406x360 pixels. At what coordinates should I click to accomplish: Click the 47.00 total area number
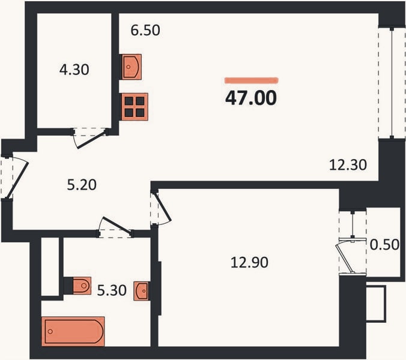tap(251, 98)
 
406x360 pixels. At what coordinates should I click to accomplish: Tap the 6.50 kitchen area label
tap(145, 30)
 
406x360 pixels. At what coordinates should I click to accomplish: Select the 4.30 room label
tap(74, 70)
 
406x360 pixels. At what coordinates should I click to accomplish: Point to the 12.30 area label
tap(348, 165)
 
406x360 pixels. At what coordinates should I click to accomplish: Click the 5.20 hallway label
tap(82, 185)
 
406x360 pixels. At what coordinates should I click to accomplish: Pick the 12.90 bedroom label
tap(249, 262)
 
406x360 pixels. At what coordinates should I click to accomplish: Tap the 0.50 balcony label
tap(384, 244)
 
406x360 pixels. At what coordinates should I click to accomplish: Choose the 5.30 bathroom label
tap(112, 290)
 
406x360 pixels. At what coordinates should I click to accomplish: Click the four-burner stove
tap(135, 107)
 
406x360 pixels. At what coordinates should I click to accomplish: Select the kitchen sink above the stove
tap(132, 67)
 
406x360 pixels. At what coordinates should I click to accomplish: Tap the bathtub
tap(73, 331)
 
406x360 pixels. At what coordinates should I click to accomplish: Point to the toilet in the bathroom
tap(82, 286)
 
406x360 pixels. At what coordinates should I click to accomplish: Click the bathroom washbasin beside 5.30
tap(142, 291)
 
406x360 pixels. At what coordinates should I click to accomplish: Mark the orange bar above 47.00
tap(252, 80)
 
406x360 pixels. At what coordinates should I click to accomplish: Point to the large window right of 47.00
tap(392, 83)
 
